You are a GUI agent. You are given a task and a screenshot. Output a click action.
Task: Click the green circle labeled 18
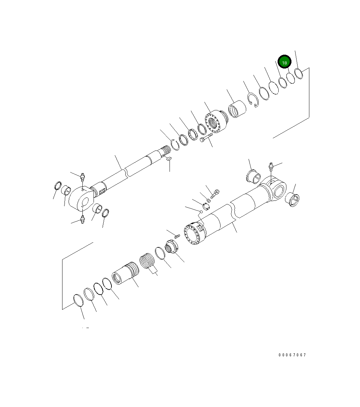click(x=284, y=62)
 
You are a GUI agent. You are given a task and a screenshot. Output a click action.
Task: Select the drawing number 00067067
click(x=292, y=355)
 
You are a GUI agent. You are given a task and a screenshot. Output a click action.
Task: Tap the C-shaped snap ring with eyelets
click(x=252, y=100)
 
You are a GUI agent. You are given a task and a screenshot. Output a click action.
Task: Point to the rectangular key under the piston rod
click(x=169, y=158)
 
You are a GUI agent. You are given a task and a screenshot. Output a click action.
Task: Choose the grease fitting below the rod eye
click(x=82, y=220)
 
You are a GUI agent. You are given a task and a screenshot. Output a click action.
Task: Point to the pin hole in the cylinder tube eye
click(x=279, y=192)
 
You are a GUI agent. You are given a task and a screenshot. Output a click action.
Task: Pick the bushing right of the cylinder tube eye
click(x=292, y=200)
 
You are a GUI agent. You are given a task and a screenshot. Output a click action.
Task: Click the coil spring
click(x=147, y=261)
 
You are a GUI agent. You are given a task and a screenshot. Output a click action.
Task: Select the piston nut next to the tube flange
click(x=172, y=246)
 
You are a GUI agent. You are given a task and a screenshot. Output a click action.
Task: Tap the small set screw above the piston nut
click(x=177, y=235)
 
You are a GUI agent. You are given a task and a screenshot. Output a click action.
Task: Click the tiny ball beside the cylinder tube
click(x=200, y=212)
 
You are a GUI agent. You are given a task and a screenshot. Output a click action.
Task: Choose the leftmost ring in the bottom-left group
click(x=78, y=300)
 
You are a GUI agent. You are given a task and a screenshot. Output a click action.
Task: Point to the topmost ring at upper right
click(x=299, y=73)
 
